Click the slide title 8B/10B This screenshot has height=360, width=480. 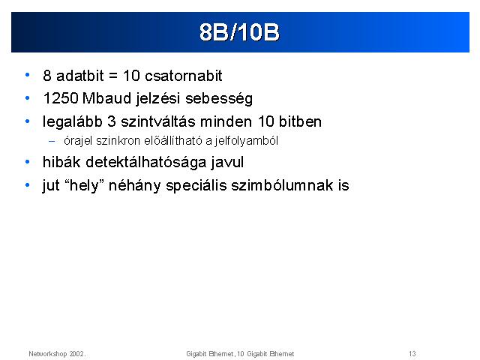pos(239,31)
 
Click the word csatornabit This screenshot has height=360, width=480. pos(183,76)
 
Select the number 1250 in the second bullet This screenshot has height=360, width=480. pos(61,98)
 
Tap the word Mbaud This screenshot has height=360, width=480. pos(106,98)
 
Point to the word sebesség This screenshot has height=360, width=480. pos(219,99)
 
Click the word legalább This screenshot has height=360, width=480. pos(72,122)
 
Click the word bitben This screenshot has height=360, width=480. pos(300,121)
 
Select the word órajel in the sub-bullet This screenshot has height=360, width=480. pos(78,141)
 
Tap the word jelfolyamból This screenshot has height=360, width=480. pos(247,141)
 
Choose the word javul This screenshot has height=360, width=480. pos(227,163)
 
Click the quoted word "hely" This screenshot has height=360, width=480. pos(85,185)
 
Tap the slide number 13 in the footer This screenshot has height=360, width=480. pos(412,353)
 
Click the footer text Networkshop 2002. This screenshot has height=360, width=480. pos(57,354)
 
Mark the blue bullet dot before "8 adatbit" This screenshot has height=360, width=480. pos(28,75)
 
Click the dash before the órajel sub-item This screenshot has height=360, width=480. pos(52,142)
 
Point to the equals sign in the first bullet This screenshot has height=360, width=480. pos(113,76)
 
